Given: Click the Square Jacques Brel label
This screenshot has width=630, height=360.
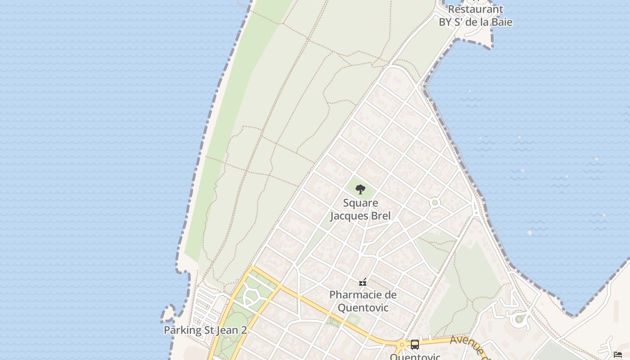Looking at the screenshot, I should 360,209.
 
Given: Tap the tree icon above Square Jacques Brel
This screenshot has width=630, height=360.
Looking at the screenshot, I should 360,189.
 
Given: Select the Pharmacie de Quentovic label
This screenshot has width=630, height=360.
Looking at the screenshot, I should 363,301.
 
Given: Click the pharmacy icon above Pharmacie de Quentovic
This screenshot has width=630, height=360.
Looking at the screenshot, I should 363,283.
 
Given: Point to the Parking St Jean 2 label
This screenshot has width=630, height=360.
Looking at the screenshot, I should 205,330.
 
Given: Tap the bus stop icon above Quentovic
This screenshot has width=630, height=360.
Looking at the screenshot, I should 414,345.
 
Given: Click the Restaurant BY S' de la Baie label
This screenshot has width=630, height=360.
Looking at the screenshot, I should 475,15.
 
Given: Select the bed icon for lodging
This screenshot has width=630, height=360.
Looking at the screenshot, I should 618,355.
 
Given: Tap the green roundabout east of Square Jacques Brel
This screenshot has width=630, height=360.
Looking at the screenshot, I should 434,202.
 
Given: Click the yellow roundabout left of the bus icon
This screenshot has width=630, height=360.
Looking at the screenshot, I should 401,345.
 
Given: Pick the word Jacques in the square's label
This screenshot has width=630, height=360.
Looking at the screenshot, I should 350,216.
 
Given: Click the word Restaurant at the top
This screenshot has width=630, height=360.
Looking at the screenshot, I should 475,9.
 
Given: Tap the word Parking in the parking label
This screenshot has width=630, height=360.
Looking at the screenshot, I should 183,330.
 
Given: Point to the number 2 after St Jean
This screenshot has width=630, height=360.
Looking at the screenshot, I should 243,330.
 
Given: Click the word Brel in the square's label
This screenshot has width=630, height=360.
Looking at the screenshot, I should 381,216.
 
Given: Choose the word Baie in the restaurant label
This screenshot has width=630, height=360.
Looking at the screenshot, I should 501,22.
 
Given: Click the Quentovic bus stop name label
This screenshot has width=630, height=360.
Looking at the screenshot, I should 415,357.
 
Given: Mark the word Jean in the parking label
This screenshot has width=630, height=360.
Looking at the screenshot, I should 227,330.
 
